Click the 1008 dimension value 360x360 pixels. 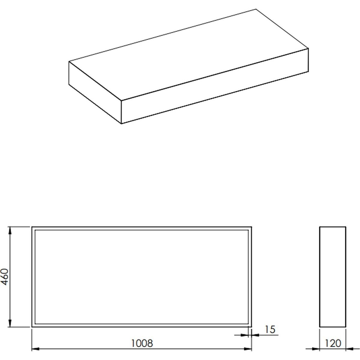tap(142, 343)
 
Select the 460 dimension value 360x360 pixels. tap(5, 277)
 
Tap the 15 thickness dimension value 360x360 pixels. tap(270, 329)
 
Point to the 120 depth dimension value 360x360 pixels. tap(333, 343)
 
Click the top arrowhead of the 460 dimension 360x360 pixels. tap(10, 231)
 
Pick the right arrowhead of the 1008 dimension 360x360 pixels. tap(248, 349)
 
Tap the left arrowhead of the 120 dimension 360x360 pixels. tap(316, 349)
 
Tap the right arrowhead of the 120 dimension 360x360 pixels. tap(350, 349)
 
